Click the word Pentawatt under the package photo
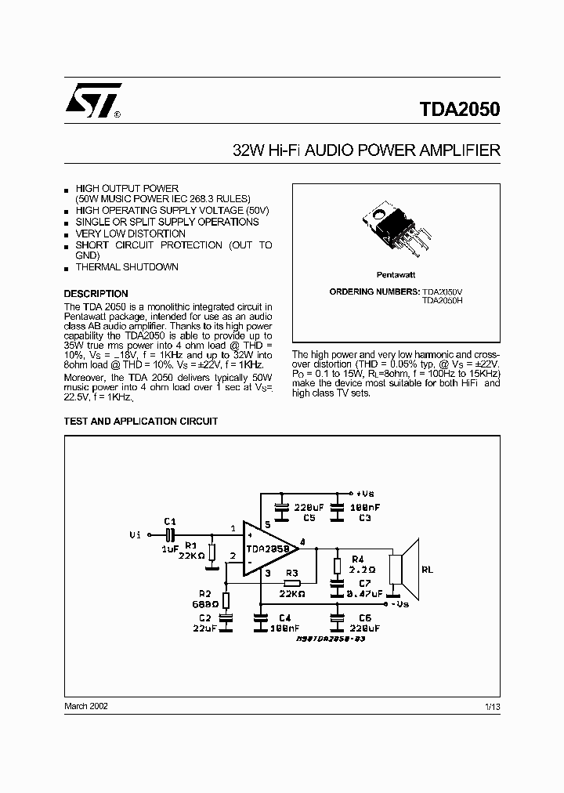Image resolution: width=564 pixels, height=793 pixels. pos(396,275)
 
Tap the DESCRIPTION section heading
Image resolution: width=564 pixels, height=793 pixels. pos(96,294)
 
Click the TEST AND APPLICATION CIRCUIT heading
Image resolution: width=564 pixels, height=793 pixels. pos(141,422)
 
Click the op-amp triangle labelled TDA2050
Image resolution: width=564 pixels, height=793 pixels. pos(271,549)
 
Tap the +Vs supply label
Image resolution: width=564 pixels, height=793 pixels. pos(364,494)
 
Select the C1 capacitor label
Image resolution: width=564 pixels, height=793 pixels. pos(170,521)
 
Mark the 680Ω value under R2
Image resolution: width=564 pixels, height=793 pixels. pos(205,604)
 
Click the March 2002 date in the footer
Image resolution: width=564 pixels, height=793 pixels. pos(86,706)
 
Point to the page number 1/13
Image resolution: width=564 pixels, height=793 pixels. pos(493,707)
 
